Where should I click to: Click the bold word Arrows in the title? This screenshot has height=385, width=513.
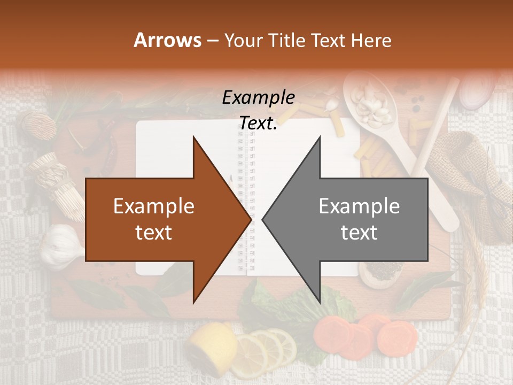click(167, 40)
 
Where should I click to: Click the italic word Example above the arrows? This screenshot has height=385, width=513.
click(258, 98)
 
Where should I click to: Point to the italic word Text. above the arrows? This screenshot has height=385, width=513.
click(258, 123)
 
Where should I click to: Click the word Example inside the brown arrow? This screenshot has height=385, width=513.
click(153, 206)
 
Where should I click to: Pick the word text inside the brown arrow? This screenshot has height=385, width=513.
click(153, 233)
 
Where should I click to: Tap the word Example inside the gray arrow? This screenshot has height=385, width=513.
click(359, 206)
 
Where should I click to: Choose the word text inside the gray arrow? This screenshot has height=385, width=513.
click(359, 233)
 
